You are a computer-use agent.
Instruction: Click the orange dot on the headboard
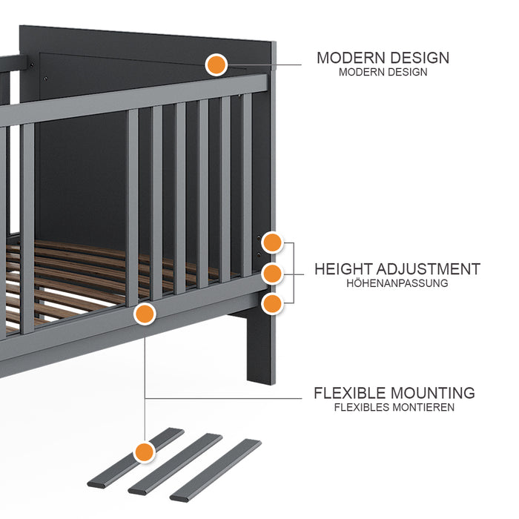[x=216, y=65]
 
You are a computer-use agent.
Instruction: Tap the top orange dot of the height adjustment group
[x=272, y=242]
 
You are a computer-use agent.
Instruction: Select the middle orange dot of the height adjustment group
[x=272, y=272]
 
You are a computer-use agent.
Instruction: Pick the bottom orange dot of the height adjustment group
[x=272, y=303]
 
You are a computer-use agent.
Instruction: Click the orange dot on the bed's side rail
[x=145, y=314]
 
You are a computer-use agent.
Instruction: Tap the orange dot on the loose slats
[x=144, y=451]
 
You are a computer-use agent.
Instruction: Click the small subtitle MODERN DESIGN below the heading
[x=383, y=73]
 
